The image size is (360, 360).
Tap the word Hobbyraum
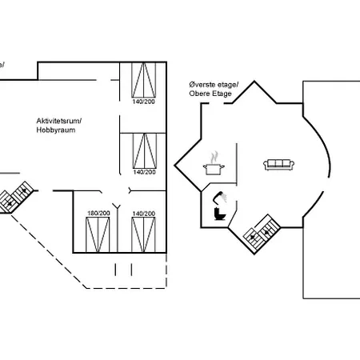point(56,130)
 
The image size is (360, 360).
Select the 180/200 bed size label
point(98,213)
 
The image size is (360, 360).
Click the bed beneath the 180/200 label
point(98,234)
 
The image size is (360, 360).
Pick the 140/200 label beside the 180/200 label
point(143,214)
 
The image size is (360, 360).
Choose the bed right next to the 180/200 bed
point(143,234)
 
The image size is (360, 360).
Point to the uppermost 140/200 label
point(143,102)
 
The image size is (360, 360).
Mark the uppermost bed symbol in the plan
point(144,80)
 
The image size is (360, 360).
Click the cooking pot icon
point(214,169)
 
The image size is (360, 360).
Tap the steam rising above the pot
point(214,158)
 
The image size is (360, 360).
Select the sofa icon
point(278,165)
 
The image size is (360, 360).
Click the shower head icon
point(220,197)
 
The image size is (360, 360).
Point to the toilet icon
point(219,214)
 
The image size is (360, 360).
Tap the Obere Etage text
point(210,94)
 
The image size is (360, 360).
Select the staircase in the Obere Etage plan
point(262,232)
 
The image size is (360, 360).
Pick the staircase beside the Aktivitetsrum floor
point(15,197)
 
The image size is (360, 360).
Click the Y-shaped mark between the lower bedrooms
point(116,206)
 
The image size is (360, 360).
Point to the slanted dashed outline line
point(49,252)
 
